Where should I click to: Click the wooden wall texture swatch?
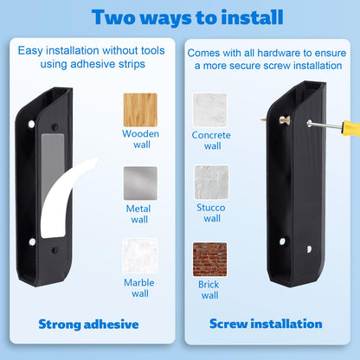[x=140, y=110]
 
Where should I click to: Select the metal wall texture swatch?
[x=140, y=183]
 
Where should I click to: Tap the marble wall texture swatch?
[x=140, y=255]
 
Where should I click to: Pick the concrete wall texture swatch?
[x=210, y=110]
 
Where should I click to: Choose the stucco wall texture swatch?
[x=211, y=182]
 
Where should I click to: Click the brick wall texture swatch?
[x=210, y=260]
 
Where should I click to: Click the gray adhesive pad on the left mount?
[x=53, y=164]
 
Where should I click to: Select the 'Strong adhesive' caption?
[x=88, y=325]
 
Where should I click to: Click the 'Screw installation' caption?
[x=266, y=324]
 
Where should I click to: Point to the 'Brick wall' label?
[x=209, y=290]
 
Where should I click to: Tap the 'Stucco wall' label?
[x=211, y=213]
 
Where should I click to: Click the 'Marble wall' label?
[x=139, y=288]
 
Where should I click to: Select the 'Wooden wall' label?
[x=140, y=139]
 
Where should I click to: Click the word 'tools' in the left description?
[x=153, y=50]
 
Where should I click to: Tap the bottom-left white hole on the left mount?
[x=32, y=241]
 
